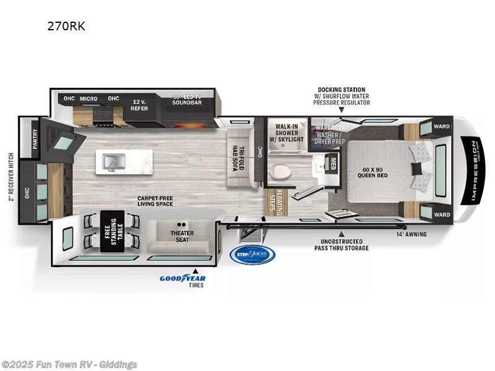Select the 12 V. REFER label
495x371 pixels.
pyautogui.click(x=139, y=104)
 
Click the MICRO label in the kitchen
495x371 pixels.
pyautogui.click(x=88, y=98)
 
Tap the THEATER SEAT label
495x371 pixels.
pyautogui.click(x=182, y=236)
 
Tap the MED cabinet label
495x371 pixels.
pyautogui.click(x=334, y=165)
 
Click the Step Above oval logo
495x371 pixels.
pyautogui.click(x=252, y=254)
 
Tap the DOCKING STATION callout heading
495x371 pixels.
pyautogui.click(x=341, y=90)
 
